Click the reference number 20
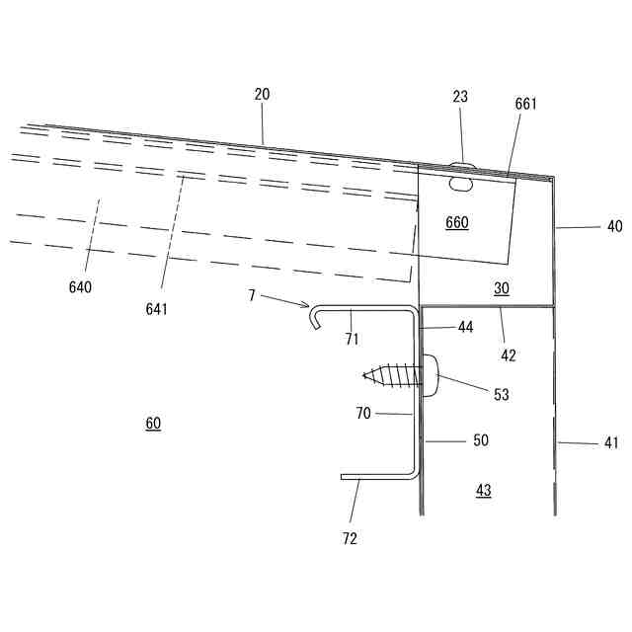pos(262,95)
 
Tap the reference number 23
pos(460,97)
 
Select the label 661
pos(526,104)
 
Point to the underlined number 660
pos(457,223)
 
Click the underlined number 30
pos(502,288)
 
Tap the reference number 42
pos(509,355)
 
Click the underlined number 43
pos(483,490)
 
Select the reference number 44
pos(465,326)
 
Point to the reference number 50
pos(481,440)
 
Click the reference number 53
pos(502,394)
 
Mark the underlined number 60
pos(153,424)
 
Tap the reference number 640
pos(80,287)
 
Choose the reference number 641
pos(156,308)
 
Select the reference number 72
pos(350,538)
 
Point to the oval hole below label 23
pos(460,183)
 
